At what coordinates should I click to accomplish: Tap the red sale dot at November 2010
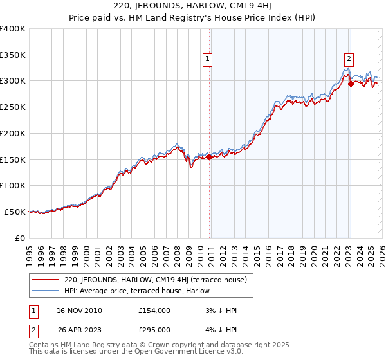(x=209, y=156)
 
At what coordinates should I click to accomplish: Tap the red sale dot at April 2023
(x=351, y=83)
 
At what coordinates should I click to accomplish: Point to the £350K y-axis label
(x=12, y=55)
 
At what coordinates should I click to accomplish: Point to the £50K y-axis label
(x=15, y=212)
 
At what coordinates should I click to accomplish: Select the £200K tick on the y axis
(x=12, y=134)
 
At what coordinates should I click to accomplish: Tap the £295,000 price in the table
(x=154, y=330)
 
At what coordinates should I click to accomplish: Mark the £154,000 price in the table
(x=154, y=310)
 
